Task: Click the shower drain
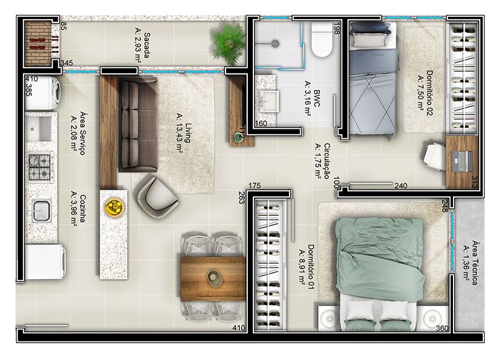275,44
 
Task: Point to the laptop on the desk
462,161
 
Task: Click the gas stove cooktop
40,167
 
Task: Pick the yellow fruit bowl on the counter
114,207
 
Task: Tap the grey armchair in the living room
157,198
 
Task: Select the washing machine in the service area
43,93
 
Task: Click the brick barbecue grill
39,43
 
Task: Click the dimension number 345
66,63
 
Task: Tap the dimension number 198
336,28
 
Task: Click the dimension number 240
401,186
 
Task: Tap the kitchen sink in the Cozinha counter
42,211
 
